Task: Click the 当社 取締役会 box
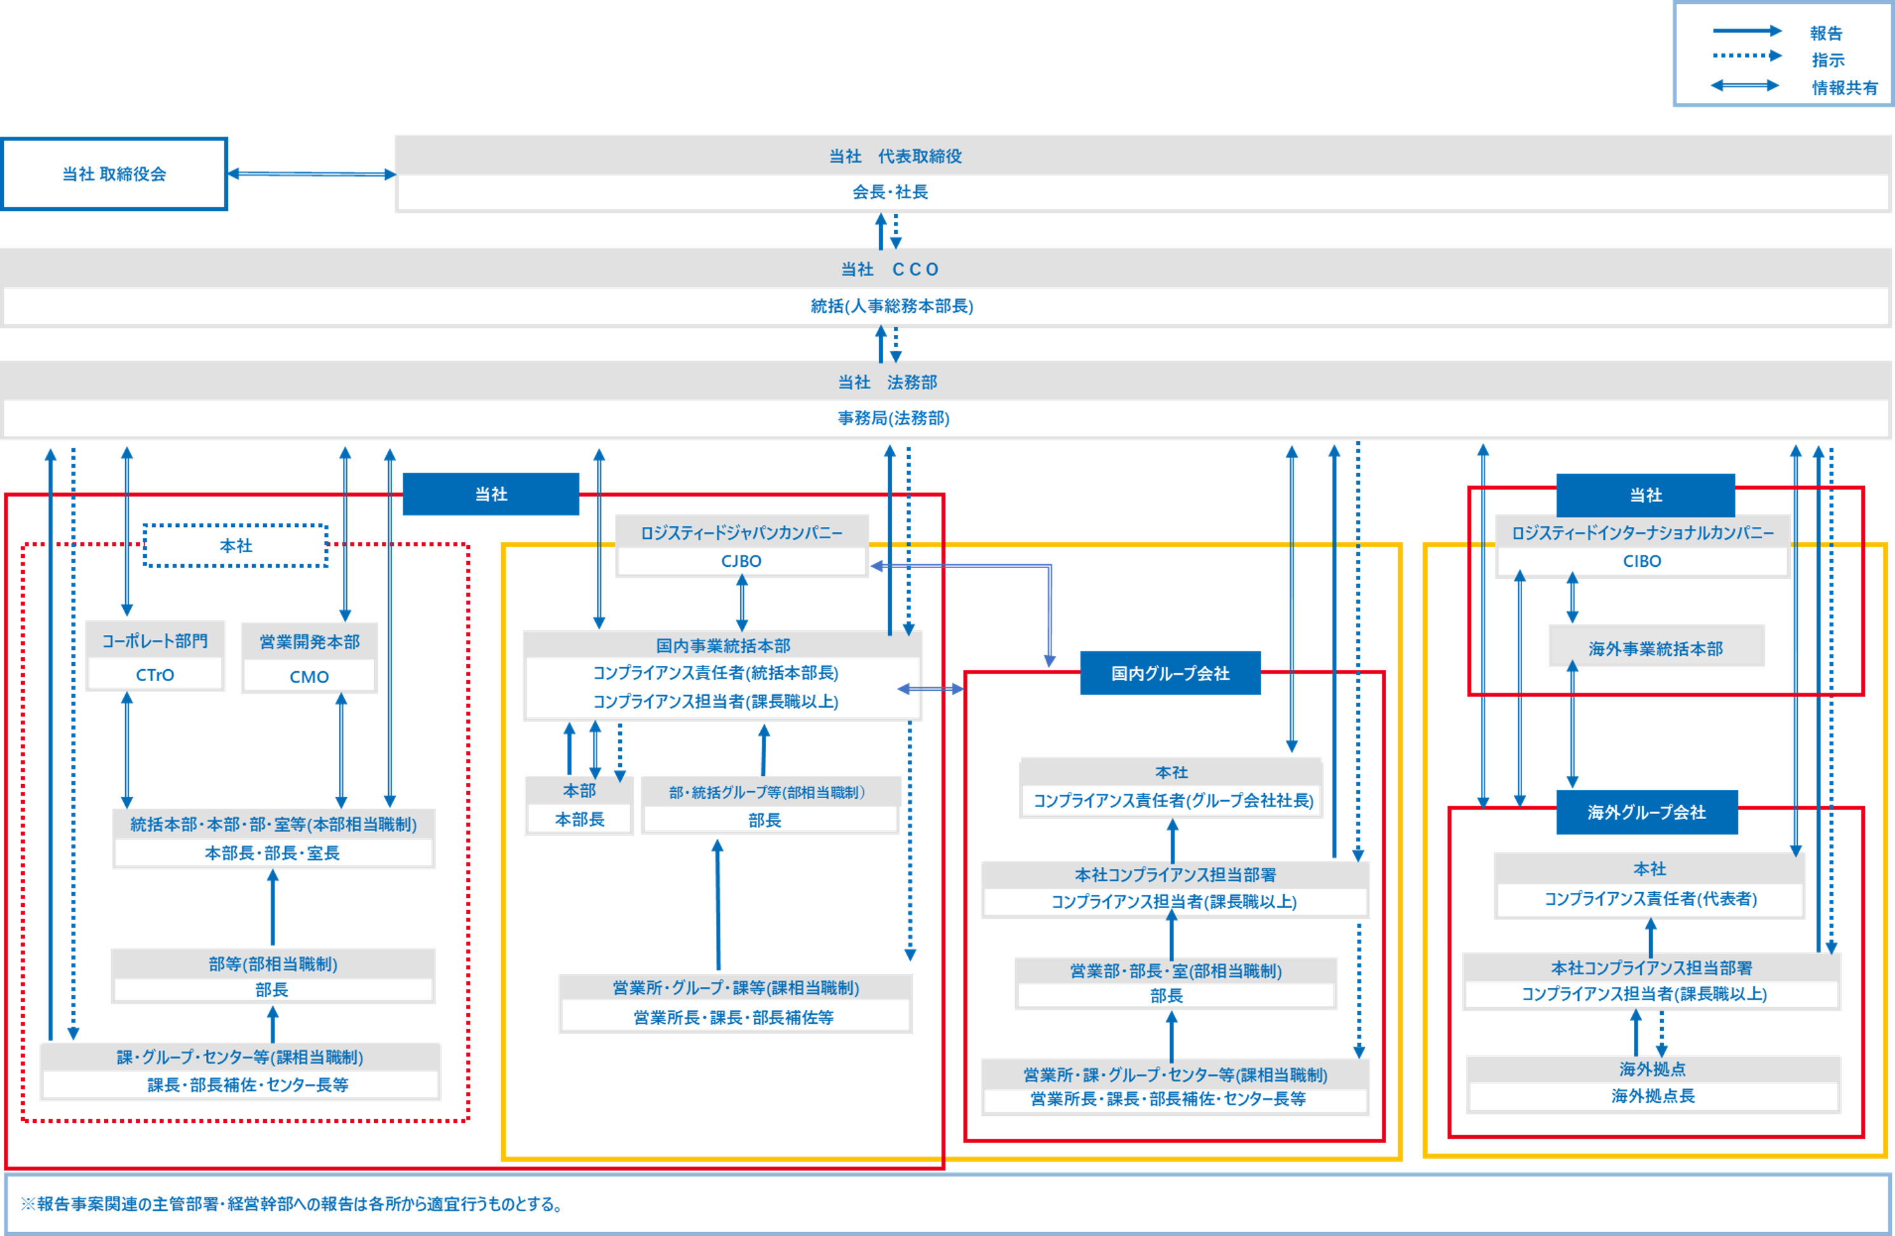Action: pyautogui.click(x=114, y=173)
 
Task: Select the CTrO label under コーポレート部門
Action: pyautogui.click(x=154, y=676)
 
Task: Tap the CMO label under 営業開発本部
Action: pyautogui.click(x=309, y=677)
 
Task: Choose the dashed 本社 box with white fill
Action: pyautogui.click(x=236, y=545)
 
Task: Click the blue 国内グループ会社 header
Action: pyautogui.click(x=1170, y=674)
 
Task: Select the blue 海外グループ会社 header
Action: pyautogui.click(x=1647, y=812)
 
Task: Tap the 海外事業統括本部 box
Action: pyautogui.click(x=1656, y=648)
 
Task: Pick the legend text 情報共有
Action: pyautogui.click(x=1844, y=88)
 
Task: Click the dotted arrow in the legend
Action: pyautogui.click(x=1747, y=56)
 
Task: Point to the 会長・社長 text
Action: pyautogui.click(x=890, y=192)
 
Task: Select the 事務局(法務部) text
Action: pyautogui.click(x=893, y=419)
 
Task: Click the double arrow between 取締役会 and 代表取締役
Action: pyautogui.click(x=311, y=173)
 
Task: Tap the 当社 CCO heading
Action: pyautogui.click(x=890, y=269)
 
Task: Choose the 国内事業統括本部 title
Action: pyautogui.click(x=722, y=645)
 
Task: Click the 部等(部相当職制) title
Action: pyautogui.click(x=273, y=963)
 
